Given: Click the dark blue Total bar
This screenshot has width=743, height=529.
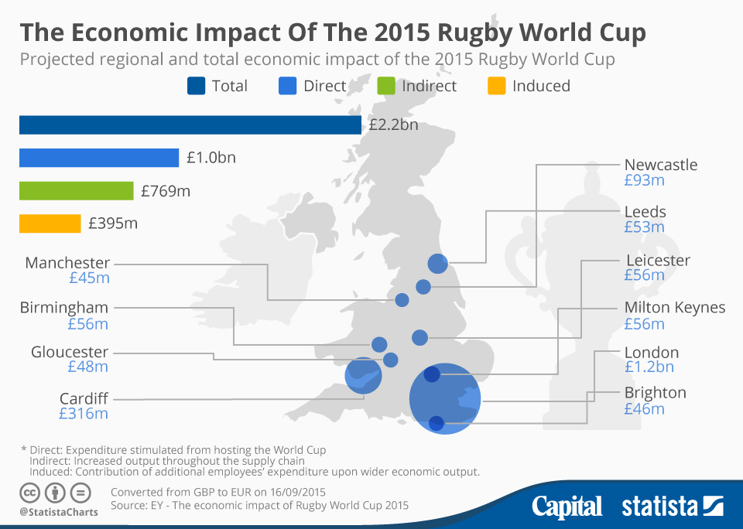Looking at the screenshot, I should click(190, 125).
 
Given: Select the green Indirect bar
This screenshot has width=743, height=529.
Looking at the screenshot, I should click(76, 190).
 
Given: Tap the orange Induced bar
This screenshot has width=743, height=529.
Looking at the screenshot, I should click(50, 224).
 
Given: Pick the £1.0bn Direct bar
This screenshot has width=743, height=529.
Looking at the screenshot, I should click(99, 158).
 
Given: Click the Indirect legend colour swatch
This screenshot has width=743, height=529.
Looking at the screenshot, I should click(386, 86).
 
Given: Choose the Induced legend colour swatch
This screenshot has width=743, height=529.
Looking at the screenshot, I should click(496, 86).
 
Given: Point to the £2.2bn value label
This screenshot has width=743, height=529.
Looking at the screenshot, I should click(393, 125).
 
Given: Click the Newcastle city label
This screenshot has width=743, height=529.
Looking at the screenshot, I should click(660, 165).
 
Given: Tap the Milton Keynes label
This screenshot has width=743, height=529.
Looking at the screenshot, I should click(674, 308).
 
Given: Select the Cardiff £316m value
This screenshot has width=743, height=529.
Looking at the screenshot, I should click(84, 414).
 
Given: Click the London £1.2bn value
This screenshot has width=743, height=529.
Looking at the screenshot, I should click(649, 367).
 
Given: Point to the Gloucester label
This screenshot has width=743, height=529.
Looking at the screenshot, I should click(70, 353).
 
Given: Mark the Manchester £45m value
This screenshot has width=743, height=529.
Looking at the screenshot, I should click(88, 278).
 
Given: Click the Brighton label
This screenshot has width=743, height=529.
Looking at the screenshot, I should click(655, 393).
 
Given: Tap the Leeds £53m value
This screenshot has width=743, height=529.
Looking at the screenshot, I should click(644, 227).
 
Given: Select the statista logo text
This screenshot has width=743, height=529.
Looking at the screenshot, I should click(659, 507).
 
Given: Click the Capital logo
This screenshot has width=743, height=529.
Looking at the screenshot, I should click(567, 507).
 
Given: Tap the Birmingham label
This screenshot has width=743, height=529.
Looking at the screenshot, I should click(64, 308).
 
